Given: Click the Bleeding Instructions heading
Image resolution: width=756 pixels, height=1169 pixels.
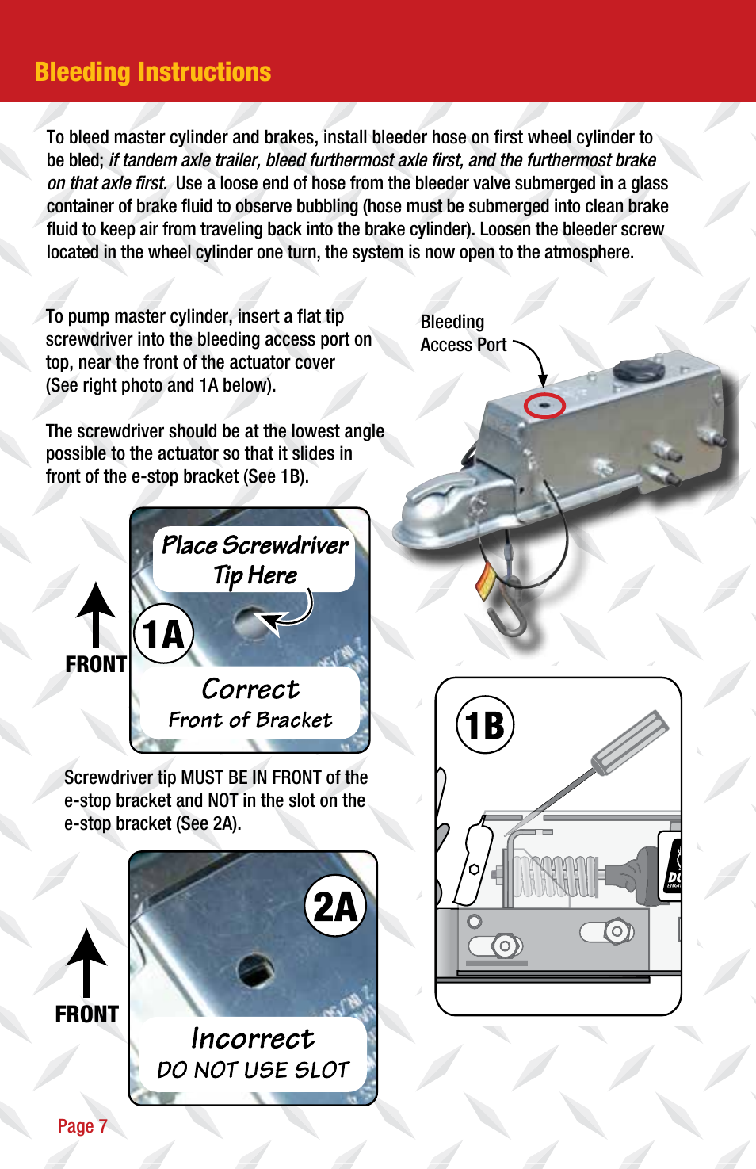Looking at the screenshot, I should [153, 72].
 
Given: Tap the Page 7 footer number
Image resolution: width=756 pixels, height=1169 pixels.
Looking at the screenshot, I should [82, 1126].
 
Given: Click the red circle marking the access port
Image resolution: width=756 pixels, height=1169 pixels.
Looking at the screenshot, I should [544, 405].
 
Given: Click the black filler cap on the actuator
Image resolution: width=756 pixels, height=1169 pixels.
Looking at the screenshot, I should [636, 370].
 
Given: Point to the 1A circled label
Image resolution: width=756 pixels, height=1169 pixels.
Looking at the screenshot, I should [164, 634].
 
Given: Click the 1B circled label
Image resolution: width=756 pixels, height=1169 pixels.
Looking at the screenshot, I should [485, 724].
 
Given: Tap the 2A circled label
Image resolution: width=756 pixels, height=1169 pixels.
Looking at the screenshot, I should [335, 907].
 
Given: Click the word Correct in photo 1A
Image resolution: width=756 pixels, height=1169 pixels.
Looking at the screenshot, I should [250, 690].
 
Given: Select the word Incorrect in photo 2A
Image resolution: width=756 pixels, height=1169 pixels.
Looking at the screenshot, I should [253, 1039].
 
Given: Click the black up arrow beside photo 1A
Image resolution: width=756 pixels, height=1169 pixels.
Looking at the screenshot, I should [96, 614].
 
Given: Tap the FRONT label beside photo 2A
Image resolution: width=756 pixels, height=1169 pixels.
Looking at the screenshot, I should [86, 1014].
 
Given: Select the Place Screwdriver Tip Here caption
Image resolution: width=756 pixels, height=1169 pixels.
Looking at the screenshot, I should [254, 560].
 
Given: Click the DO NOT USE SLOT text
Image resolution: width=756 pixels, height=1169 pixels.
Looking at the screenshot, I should [253, 1070].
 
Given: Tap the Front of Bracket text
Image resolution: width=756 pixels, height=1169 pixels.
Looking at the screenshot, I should [250, 720].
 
